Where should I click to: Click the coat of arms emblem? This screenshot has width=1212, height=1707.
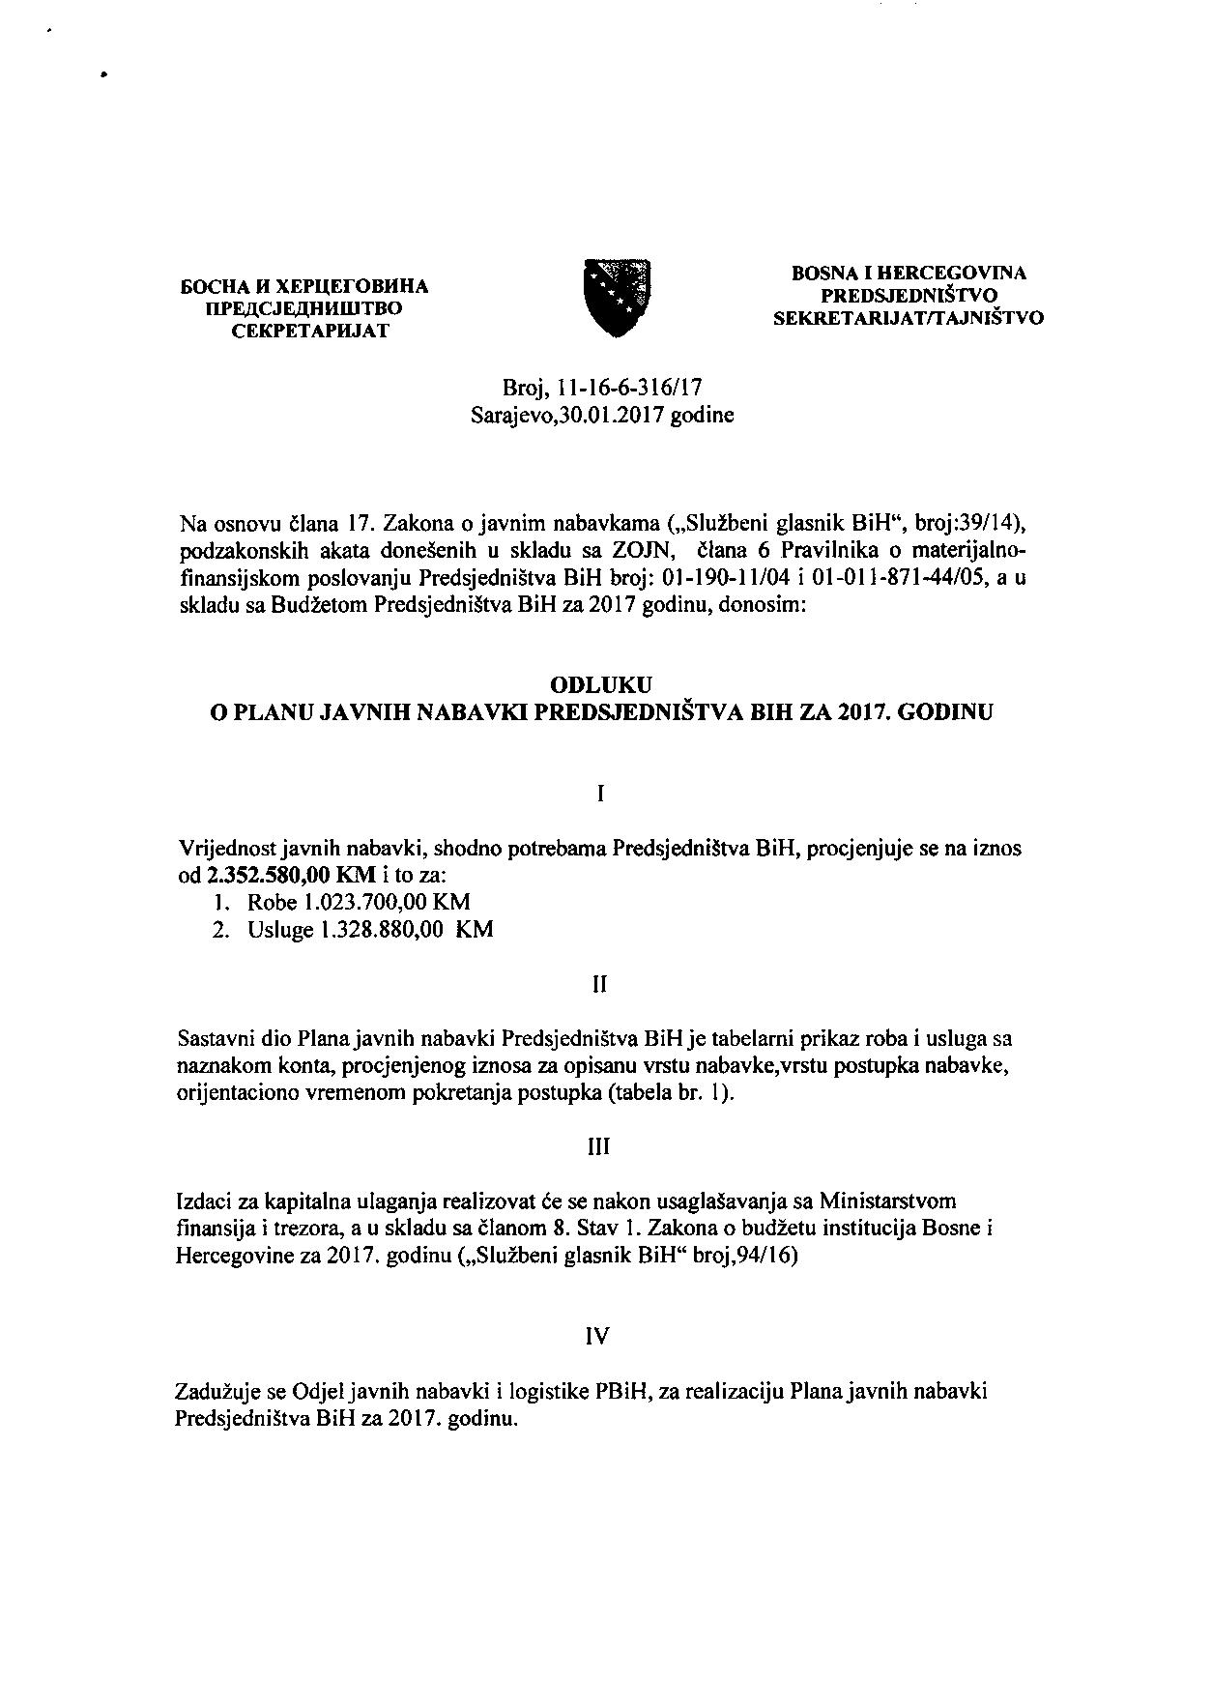619,298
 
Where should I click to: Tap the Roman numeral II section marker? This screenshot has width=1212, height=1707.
599,984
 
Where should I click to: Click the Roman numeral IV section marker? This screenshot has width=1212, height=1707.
599,1336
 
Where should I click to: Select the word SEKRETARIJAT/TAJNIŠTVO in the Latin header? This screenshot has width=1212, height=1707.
909,317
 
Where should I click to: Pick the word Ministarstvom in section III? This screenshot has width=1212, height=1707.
887,1201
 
